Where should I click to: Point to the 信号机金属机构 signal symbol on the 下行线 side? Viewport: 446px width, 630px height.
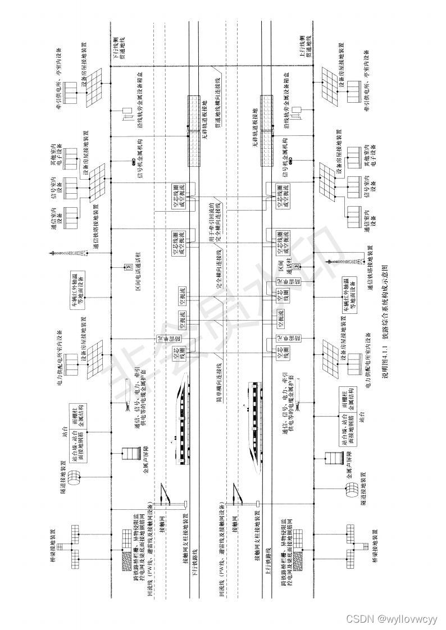pyautogui.click(x=135, y=162)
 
